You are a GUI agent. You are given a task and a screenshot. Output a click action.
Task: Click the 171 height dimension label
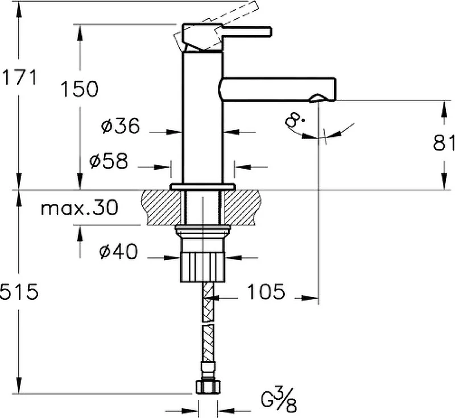tap(19, 78)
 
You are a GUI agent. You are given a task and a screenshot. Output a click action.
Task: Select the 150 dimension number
tap(80, 89)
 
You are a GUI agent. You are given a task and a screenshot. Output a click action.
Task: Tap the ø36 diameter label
tap(121, 126)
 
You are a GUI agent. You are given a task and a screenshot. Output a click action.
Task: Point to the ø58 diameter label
tap(109, 161)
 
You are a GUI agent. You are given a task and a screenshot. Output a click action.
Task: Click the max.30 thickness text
tap(80, 207)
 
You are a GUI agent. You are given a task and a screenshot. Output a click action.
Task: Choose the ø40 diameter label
tap(118, 251)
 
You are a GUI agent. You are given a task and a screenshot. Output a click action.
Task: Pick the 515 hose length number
tap(19, 291)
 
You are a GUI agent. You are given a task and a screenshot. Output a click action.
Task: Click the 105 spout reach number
tap(266, 291)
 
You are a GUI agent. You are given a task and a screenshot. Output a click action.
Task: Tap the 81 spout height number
tap(444, 143)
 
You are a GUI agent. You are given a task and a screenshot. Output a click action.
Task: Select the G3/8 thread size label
tap(279, 400)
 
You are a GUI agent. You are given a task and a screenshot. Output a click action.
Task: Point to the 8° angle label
tap(294, 120)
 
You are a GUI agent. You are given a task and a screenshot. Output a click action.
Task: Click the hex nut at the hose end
tap(208, 387)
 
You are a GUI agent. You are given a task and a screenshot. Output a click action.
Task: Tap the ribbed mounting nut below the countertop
tap(202, 266)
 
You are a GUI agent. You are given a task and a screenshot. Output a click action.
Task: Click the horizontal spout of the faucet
tap(277, 90)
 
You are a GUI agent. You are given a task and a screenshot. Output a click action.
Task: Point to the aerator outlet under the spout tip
tap(318, 98)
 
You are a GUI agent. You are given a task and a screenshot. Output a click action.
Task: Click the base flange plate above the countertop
tap(202, 187)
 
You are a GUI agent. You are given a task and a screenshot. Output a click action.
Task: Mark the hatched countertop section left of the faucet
tap(161, 207)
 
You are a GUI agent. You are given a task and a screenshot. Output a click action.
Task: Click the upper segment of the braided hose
tap(208, 302)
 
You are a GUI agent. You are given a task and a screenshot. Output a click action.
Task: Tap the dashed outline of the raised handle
tap(216, 26)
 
